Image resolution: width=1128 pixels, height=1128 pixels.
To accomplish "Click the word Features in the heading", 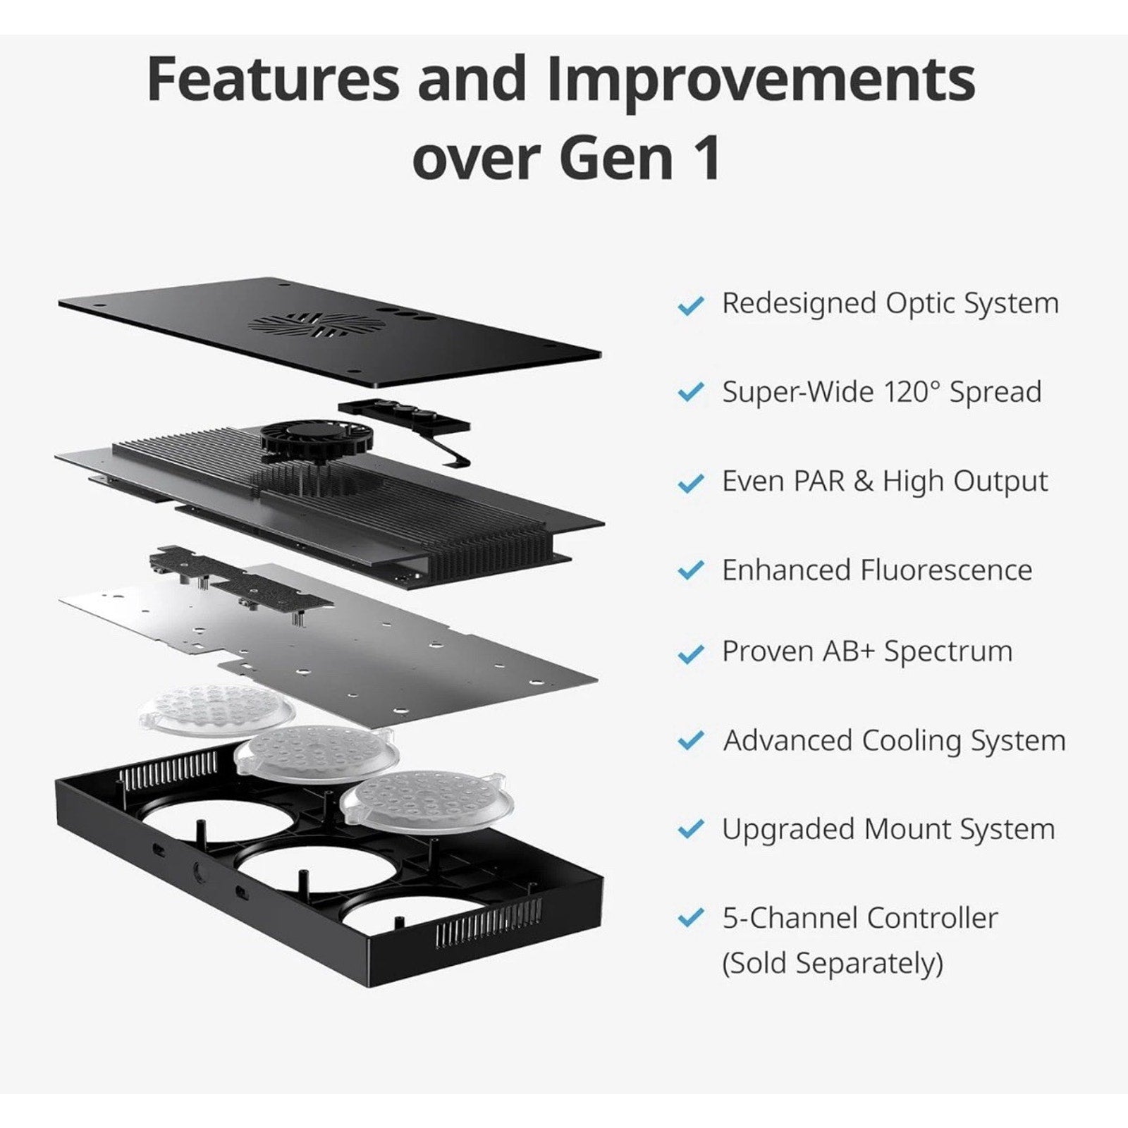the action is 274,79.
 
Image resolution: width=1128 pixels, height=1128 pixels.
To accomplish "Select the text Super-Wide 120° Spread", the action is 881,391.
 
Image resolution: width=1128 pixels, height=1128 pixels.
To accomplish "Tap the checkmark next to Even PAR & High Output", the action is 690,483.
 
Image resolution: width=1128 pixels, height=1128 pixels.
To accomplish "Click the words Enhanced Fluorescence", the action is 877,569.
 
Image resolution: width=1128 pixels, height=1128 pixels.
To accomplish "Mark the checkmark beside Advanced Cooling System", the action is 690,741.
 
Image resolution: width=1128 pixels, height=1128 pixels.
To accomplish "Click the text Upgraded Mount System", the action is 888,830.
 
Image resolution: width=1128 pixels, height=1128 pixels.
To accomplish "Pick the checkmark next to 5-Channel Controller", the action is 690,919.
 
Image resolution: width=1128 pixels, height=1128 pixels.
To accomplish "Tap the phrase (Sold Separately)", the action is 832,963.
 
